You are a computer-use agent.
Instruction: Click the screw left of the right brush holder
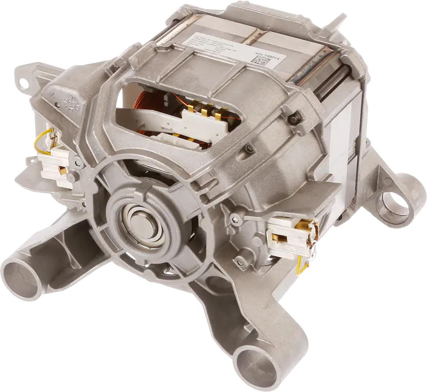click(235, 219)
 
